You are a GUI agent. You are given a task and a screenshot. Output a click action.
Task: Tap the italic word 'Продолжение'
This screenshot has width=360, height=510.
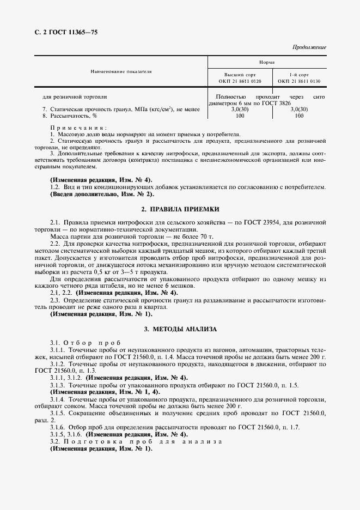click(x=309, y=47)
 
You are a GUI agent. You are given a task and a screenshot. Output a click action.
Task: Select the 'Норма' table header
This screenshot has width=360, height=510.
click(x=267, y=62)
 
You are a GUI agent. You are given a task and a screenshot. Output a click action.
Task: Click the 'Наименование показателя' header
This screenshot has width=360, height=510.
click(x=121, y=71)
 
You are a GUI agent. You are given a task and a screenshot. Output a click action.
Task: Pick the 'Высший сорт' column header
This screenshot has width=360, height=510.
click(x=240, y=74)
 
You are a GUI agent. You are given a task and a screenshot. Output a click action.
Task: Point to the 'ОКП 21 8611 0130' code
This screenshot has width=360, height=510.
click(x=299, y=81)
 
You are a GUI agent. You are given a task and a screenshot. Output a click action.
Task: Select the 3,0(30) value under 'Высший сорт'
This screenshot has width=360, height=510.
click(x=240, y=110)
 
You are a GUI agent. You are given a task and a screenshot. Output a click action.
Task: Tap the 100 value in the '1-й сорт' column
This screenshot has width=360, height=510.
click(x=299, y=116)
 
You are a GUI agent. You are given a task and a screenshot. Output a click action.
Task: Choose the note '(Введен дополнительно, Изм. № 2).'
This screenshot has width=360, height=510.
click(x=102, y=193)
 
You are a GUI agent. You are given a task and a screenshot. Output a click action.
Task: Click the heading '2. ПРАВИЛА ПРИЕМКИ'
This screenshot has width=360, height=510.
click(x=180, y=209)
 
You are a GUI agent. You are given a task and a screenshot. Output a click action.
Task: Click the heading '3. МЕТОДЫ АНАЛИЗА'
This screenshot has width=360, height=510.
click(x=180, y=329)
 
